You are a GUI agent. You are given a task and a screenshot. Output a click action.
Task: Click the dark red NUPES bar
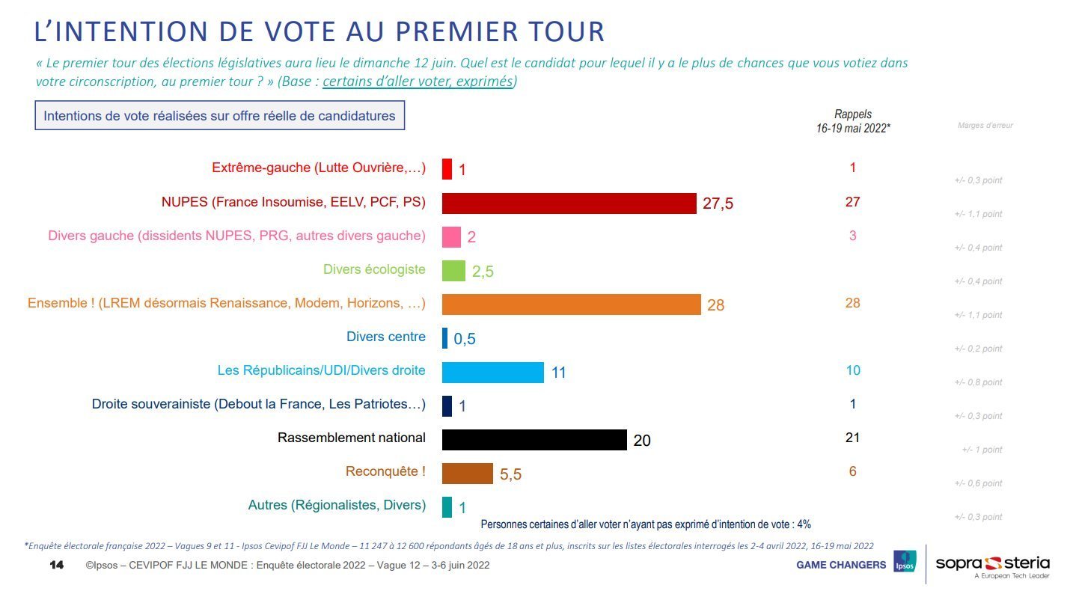[x=569, y=203]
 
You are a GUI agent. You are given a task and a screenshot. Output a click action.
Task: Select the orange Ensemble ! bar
[x=571, y=304]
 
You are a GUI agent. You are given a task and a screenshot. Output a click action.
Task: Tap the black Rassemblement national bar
[x=534, y=439]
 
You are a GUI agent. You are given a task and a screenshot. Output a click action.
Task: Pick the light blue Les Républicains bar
[x=492, y=372]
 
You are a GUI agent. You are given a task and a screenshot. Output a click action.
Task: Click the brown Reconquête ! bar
[x=467, y=473]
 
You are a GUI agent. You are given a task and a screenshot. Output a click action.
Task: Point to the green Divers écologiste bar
[x=453, y=271]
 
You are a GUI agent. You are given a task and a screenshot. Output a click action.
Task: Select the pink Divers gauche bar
[x=451, y=237]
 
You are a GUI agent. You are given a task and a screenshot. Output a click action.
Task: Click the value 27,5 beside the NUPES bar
[x=718, y=204]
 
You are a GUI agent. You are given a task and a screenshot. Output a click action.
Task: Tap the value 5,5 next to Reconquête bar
[x=510, y=474]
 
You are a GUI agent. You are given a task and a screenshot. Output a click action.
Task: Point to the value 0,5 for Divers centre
[x=464, y=339]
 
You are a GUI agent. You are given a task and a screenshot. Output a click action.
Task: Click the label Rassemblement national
[x=351, y=438]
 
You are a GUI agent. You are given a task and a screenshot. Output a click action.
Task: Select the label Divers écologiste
[x=374, y=269]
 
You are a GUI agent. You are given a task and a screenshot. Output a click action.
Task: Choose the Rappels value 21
[x=852, y=438]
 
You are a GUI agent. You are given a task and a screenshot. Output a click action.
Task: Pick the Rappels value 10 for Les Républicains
[x=852, y=370]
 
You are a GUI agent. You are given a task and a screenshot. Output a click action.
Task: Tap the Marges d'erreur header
[x=985, y=126]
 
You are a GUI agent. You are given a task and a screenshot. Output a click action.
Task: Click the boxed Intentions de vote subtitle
[x=219, y=116]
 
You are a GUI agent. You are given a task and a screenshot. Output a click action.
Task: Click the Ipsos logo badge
[x=905, y=563]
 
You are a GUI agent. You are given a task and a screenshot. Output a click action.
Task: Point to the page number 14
[x=56, y=564]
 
